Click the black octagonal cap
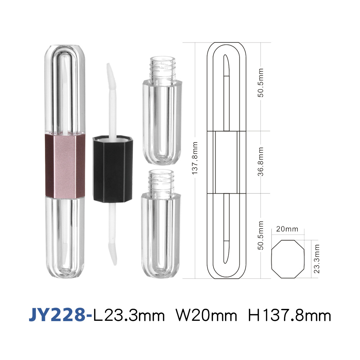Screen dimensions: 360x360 pyautogui.click(x=112, y=170)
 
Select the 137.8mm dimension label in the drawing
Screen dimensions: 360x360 pyautogui.click(x=195, y=158)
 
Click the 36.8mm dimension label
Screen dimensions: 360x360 pyautogui.click(x=261, y=162)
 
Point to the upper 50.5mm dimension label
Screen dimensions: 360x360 pyautogui.click(x=261, y=83)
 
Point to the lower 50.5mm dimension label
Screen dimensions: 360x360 pyautogui.click(x=261, y=235)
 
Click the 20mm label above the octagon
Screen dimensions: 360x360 pyautogui.click(x=287, y=229)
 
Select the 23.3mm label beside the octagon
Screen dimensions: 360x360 pyautogui.click(x=316, y=259)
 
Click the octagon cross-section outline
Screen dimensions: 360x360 pyautogui.click(x=271, y=259)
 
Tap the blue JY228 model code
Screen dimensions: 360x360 pyautogui.click(x=57, y=315)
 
